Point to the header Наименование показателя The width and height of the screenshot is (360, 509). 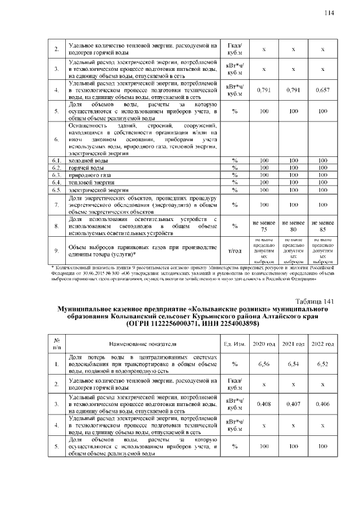click(143, 344)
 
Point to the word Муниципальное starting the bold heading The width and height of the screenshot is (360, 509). click(91, 309)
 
